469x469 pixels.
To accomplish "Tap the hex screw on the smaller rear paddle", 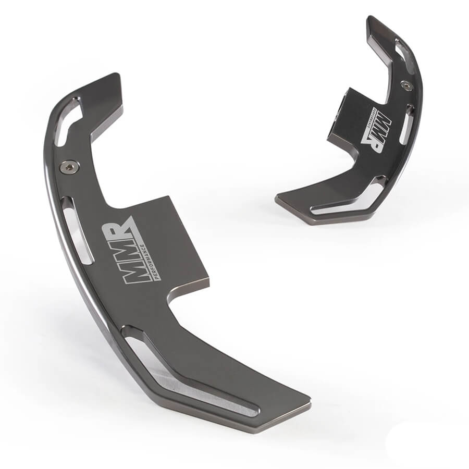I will coord(406,85).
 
